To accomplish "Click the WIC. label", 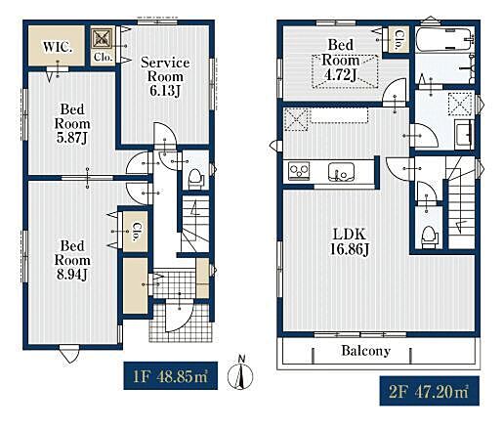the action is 58,47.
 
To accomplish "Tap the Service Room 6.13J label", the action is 165,77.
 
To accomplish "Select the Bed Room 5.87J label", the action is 72,123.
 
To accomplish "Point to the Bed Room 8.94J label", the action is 72,260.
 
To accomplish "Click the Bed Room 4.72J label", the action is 341,60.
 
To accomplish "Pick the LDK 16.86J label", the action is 350,241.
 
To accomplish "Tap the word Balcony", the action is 366,351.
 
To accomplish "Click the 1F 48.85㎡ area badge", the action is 171,375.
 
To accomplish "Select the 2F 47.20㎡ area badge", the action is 430,391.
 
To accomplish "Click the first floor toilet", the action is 196,179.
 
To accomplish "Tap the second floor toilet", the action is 429,236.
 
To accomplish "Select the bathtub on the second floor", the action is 444,39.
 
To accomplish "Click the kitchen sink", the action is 341,172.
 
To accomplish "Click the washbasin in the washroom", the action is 463,134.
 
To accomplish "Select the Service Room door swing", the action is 165,134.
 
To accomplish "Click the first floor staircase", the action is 195,224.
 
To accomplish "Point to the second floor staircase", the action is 461,202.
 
